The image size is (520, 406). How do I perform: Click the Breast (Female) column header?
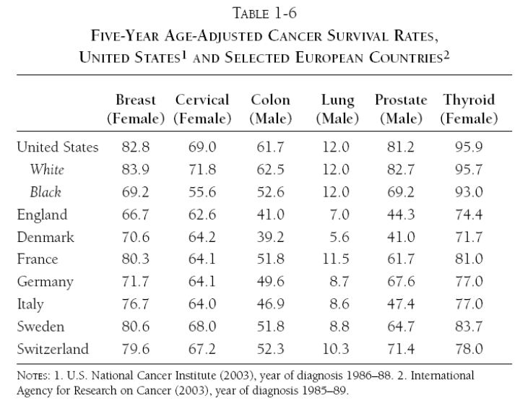136,109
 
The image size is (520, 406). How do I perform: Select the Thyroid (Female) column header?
469,109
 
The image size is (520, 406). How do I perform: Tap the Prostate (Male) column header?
401,109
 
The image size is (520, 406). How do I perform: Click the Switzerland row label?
53,349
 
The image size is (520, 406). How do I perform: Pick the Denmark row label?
45,237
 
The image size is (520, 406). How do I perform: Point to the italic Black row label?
45,192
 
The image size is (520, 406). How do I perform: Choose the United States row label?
58,147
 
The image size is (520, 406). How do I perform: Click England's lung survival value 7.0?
339,215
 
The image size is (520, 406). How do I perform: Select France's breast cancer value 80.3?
136,259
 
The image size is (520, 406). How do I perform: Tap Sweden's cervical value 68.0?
202,327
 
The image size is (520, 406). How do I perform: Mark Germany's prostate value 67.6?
401,282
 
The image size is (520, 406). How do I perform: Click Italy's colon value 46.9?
271,304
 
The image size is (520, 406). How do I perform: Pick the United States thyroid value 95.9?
469,147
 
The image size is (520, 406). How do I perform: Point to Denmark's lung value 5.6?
339,237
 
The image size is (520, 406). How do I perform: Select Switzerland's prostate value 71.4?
401,349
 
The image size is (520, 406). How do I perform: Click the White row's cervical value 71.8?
202,170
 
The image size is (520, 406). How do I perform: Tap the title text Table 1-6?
264,14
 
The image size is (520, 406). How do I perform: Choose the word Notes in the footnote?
33,376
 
